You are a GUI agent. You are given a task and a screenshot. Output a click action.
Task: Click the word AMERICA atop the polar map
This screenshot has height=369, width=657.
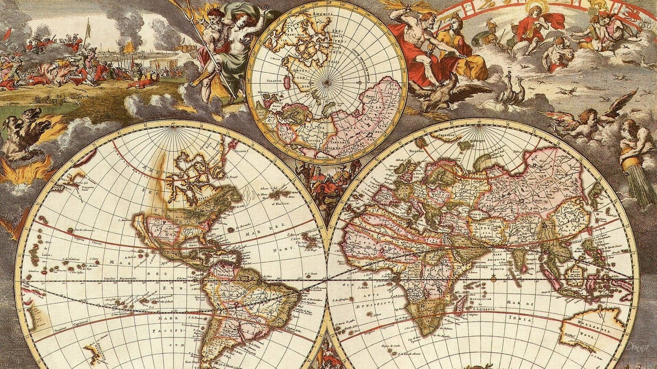click(322, 14)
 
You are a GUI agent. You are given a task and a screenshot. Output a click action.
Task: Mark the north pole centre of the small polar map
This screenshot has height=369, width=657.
click(326, 82)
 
